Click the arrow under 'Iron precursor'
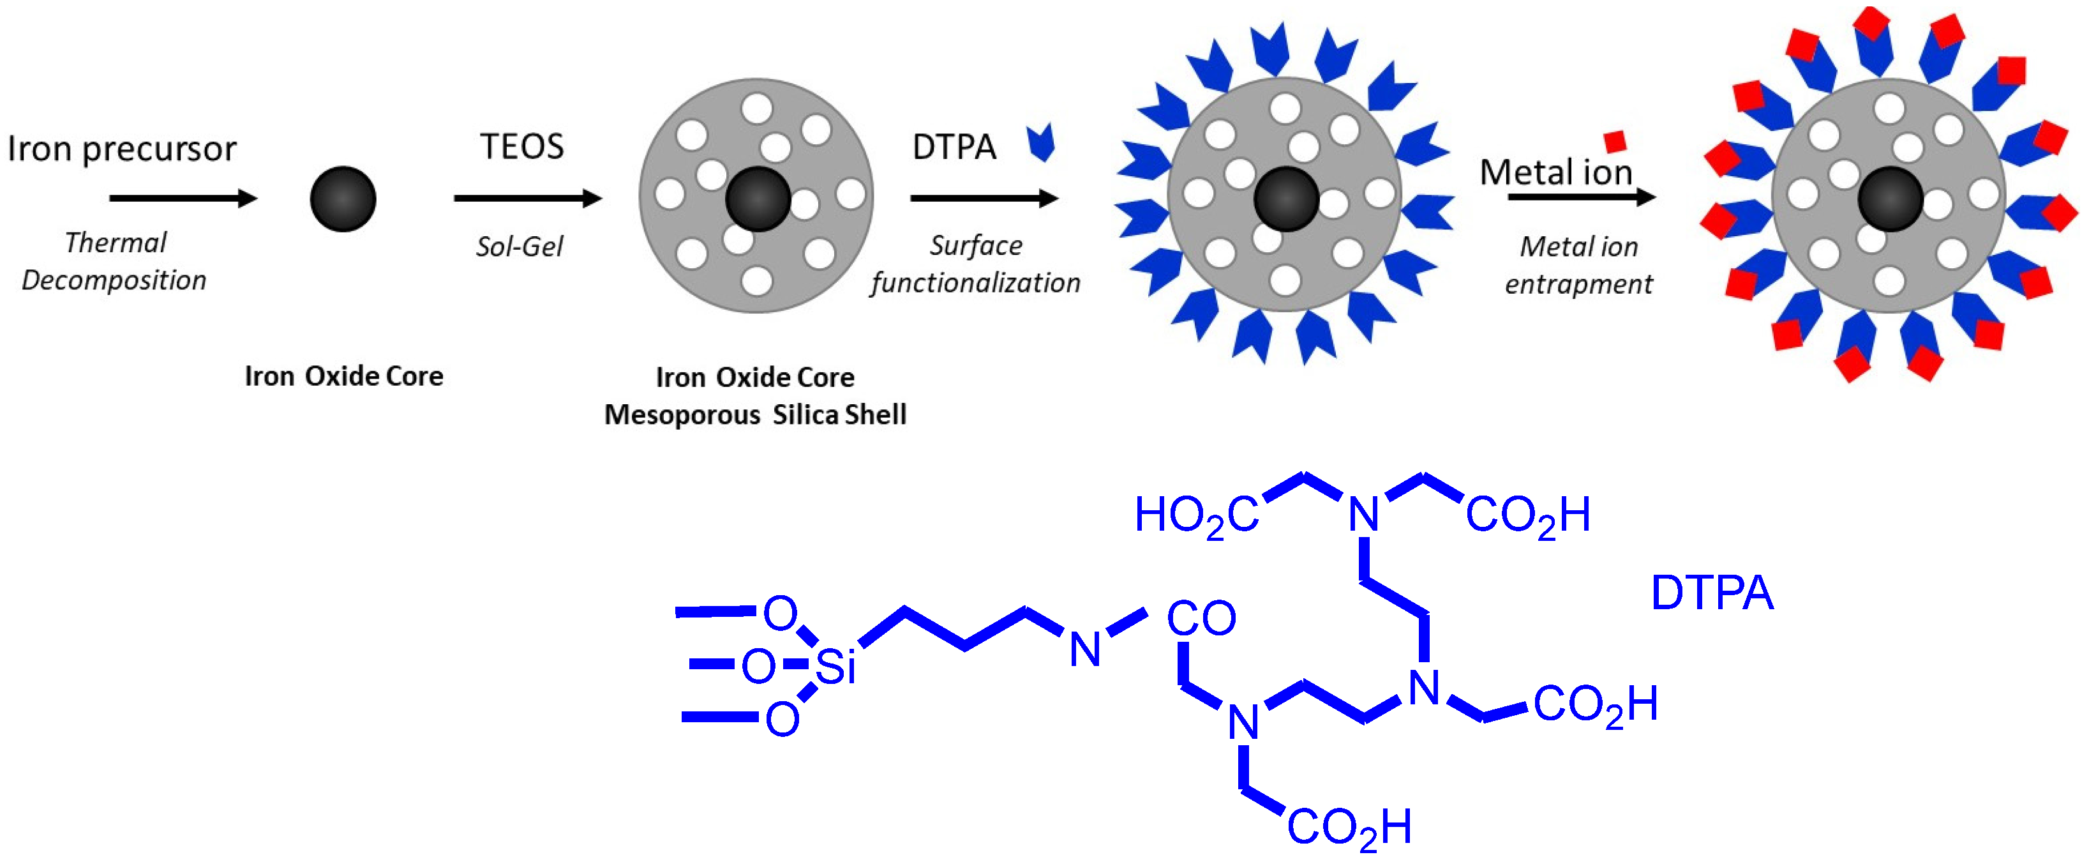[183, 198]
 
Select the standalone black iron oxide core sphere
[343, 199]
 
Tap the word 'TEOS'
[521, 147]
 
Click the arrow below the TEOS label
[527, 198]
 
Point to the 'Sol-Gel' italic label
[519, 246]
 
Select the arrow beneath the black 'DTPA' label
[984, 198]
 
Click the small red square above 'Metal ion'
[1615, 141]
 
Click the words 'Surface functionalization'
[976, 264]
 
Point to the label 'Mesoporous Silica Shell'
[755, 414]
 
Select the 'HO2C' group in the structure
[1195, 516]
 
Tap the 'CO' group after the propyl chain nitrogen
[1201, 618]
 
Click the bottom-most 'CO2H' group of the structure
[1349, 828]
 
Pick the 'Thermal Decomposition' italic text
[114, 261]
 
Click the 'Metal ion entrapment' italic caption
[1578, 265]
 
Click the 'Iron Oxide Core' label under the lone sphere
[344, 376]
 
